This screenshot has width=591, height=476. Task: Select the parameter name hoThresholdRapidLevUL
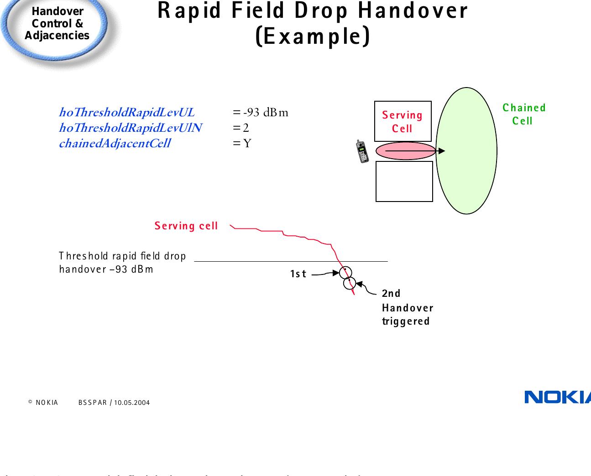[x=127, y=112]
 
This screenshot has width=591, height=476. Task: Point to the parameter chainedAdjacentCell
[x=115, y=144]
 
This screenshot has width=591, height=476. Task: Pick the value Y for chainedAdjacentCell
[x=247, y=144]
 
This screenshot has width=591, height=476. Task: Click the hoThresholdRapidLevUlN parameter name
[x=131, y=128]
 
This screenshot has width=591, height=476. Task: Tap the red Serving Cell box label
[x=403, y=122]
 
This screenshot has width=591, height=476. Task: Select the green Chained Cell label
[x=523, y=114]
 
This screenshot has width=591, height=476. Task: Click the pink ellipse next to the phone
[x=405, y=151]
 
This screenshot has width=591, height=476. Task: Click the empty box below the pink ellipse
[x=404, y=181]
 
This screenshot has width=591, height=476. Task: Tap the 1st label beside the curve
[x=298, y=274]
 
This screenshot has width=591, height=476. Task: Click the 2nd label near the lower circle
[x=391, y=293]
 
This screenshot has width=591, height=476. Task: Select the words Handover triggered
[x=407, y=315]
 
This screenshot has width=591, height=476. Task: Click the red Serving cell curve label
[x=186, y=226]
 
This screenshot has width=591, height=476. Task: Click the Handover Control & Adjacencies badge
[x=57, y=24]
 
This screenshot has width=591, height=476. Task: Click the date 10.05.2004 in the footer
[x=132, y=403]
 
